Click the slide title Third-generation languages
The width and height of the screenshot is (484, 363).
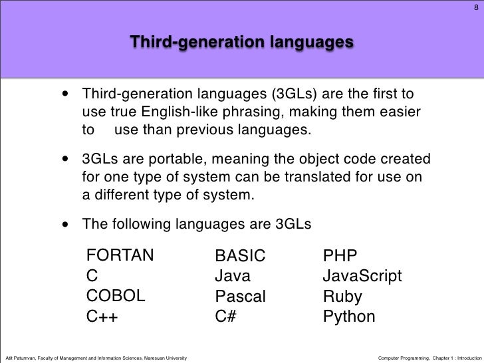(241, 43)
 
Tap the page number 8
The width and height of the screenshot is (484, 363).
(475, 9)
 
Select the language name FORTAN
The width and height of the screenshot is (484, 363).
(120, 256)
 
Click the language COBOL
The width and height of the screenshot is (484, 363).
(116, 296)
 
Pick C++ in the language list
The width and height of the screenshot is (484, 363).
(102, 316)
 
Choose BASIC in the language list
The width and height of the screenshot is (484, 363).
(240, 256)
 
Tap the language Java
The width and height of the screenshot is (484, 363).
(232, 276)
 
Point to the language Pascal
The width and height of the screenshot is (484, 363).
(240, 297)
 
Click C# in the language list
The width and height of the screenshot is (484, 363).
(226, 316)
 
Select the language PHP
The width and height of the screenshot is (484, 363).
(340, 256)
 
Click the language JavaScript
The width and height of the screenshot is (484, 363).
(362, 276)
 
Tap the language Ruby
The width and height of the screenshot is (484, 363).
(341, 297)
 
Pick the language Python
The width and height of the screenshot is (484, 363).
(349, 317)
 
